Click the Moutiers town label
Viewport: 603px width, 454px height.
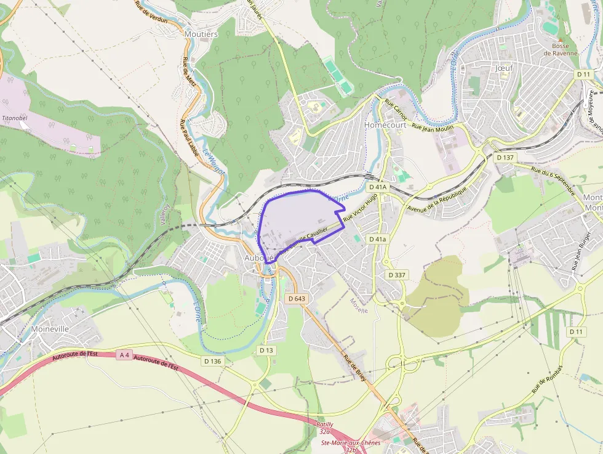201,34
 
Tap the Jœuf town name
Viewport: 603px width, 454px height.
504,68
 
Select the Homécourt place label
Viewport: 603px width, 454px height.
385,124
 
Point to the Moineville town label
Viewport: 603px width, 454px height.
49,329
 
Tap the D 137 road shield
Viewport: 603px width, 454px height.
505,158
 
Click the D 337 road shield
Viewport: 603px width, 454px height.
397,275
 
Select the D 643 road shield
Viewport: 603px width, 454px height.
297,299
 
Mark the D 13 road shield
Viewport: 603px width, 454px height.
266,350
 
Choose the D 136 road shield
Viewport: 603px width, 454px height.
212,360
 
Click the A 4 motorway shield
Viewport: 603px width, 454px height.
125,354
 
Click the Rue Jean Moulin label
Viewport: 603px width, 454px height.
433,127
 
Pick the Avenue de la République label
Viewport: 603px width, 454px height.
438,197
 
